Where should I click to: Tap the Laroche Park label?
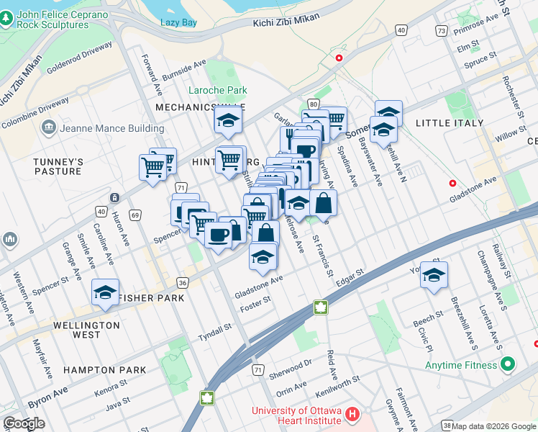217,91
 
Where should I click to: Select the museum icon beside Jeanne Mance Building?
50,128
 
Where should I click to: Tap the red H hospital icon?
352,415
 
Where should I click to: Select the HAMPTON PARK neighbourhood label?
104,370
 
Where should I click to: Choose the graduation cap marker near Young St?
434,275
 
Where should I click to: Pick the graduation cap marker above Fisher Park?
105,292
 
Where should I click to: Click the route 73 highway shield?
441,31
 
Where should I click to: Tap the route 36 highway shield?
183,282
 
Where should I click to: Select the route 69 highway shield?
134,215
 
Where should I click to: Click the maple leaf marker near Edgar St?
319,308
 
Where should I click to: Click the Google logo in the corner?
24,423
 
